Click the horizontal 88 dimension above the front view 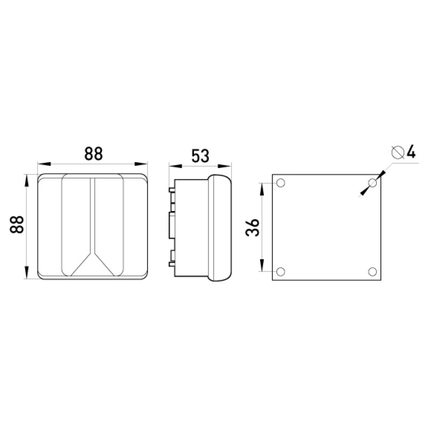pyautogui.click(x=93, y=154)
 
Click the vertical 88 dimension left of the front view pyautogui.click(x=17, y=224)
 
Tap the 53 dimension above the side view pyautogui.click(x=200, y=156)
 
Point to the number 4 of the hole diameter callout pyautogui.click(x=411, y=152)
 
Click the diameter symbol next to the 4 pyautogui.click(x=398, y=152)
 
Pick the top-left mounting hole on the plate pyautogui.click(x=280, y=183)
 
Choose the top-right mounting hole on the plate pyautogui.click(x=372, y=183)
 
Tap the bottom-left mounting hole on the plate pyautogui.click(x=280, y=272)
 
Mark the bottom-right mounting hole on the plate pyautogui.click(x=372, y=272)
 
